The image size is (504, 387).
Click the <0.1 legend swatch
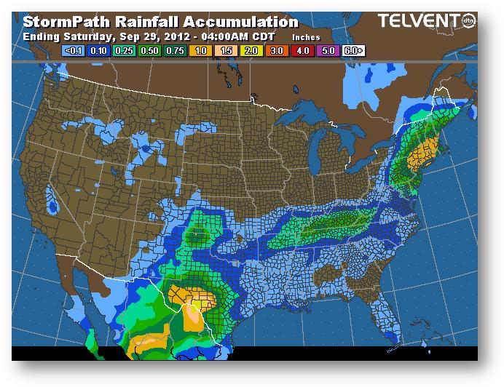click(73, 51)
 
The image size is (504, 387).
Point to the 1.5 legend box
click(224, 51)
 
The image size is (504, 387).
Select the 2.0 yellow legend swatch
click(250, 51)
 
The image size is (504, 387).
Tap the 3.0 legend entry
click(275, 51)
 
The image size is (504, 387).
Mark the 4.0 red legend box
click(301, 51)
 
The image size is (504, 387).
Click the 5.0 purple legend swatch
click(326, 51)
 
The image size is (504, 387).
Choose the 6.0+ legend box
click(353, 51)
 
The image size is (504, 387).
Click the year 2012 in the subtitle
click(171, 36)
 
